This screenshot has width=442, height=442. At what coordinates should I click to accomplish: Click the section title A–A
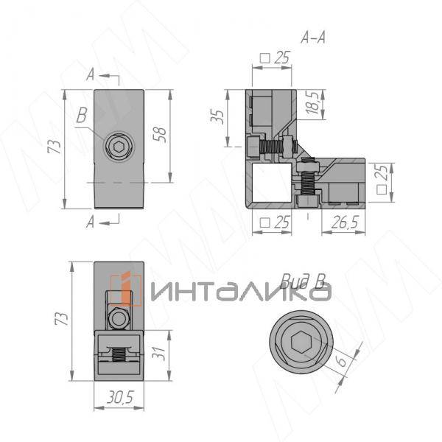(313, 38)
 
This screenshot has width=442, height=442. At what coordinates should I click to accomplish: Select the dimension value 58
(160, 135)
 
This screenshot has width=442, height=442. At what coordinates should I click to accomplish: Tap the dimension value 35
(217, 116)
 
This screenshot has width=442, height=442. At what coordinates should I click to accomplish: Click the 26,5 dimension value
(345, 222)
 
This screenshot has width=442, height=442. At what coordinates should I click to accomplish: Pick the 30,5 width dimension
(120, 398)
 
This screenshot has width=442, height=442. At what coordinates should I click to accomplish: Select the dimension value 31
(158, 353)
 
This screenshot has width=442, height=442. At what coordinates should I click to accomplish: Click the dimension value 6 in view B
(342, 361)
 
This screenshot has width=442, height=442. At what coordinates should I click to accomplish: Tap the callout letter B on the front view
(82, 116)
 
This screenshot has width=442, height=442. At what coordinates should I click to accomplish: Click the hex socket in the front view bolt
(119, 147)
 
